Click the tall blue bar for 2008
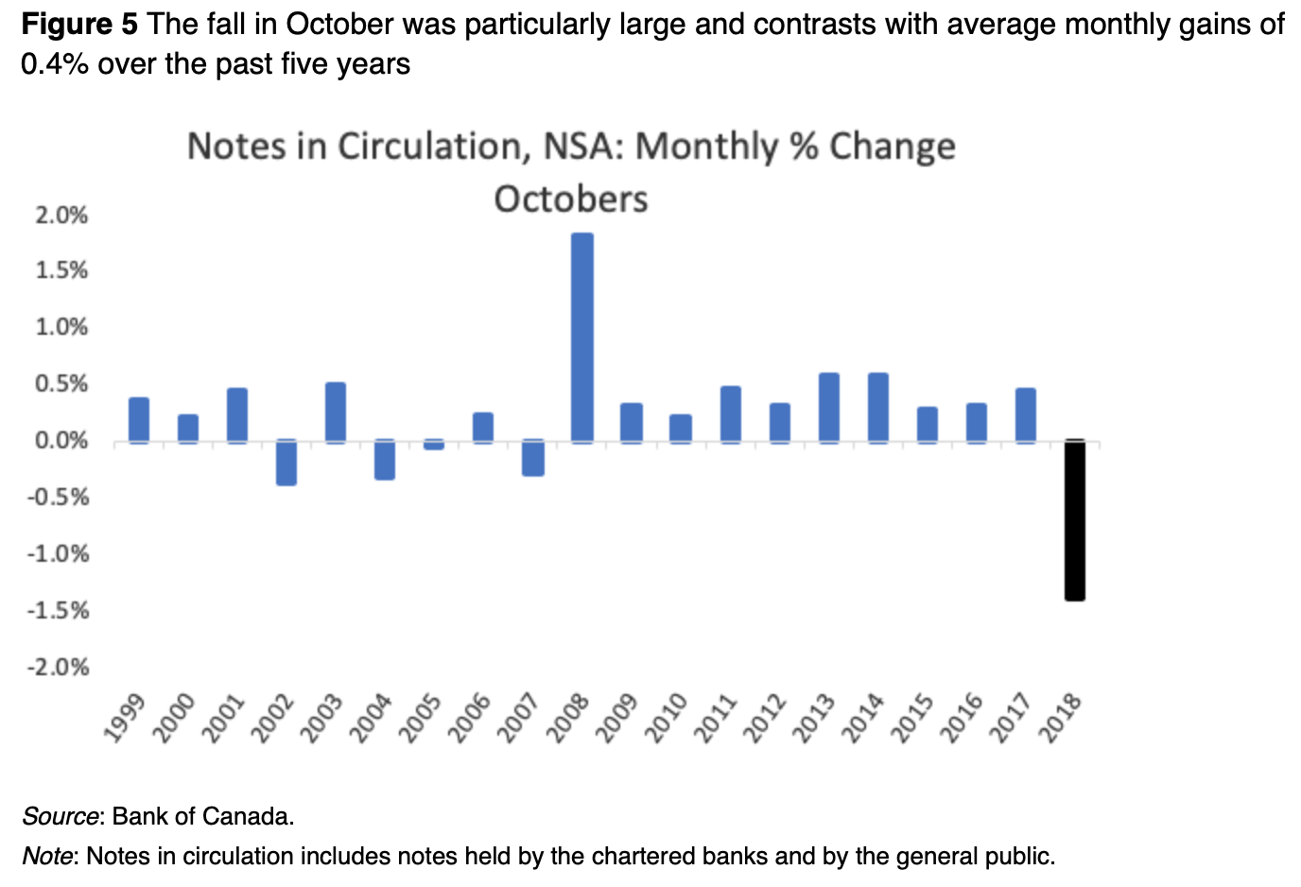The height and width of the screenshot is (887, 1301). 582,337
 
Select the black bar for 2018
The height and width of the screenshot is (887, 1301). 1074,519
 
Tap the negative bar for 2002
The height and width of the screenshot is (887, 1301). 286,462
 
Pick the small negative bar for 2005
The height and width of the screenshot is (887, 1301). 434,444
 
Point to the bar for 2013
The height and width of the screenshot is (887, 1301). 828,408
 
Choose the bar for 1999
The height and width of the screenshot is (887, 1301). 139,419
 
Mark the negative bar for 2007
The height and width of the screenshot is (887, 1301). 532,458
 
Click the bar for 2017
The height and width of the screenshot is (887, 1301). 1025,415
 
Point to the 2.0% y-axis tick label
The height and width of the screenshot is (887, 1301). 61,216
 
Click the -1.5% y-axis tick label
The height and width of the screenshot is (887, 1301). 58,611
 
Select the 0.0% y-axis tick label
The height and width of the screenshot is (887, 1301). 61,441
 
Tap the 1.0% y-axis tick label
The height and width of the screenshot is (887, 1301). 61,327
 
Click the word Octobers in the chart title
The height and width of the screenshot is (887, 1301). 571,200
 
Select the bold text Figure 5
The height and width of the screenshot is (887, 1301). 79,24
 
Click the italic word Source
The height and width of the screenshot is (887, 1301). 61,816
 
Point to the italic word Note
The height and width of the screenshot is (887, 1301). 47,857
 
